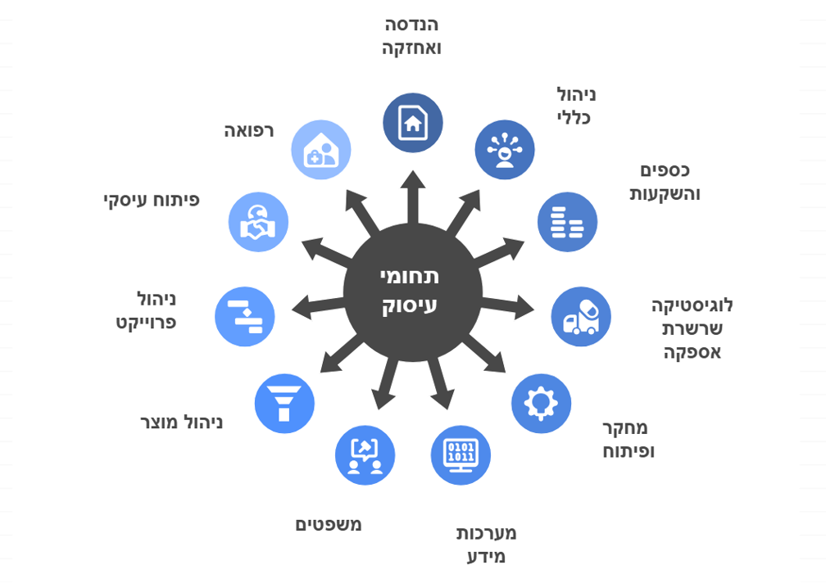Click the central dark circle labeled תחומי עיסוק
tap(412, 291)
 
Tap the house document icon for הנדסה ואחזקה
tap(413, 123)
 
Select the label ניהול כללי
tap(576, 106)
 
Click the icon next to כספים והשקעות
tap(567, 222)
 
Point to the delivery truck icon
tap(581, 317)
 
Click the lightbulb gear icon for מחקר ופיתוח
tap(541, 403)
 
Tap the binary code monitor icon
tap(461, 454)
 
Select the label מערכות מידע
tap(486, 545)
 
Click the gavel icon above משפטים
tap(365, 454)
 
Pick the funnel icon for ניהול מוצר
tap(284, 403)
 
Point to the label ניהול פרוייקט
tap(147, 310)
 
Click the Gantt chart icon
tap(244, 316)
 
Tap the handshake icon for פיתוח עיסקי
tap(258, 222)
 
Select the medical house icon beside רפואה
tap(321, 150)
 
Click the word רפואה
tap(249, 130)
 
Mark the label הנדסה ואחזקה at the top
tap(411, 36)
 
